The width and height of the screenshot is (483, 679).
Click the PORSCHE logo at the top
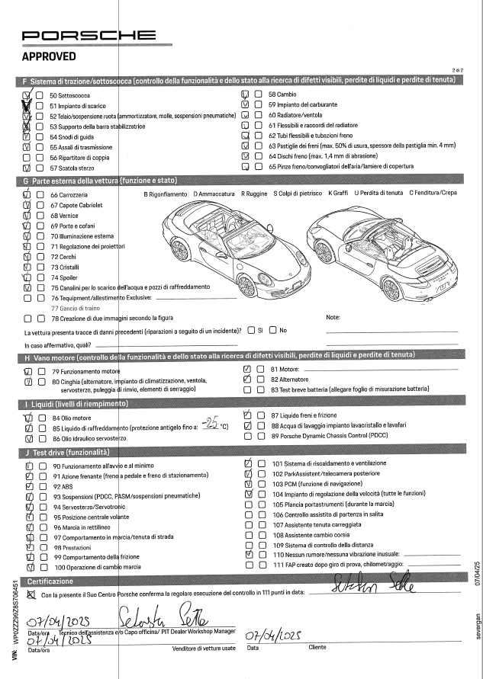point(90,36)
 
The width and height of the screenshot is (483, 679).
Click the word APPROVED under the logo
point(49,56)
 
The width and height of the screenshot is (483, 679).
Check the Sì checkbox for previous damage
point(251,330)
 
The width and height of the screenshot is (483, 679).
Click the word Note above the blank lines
point(333,316)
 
